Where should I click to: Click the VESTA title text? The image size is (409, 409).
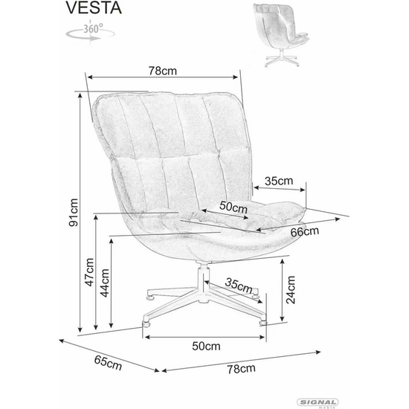(94, 8)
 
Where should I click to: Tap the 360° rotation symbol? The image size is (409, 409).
(90, 32)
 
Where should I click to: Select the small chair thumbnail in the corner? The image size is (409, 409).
(282, 35)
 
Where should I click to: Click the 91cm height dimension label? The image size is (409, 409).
(74, 213)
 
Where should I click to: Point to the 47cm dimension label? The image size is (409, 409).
(89, 272)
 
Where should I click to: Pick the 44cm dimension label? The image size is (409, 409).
(105, 283)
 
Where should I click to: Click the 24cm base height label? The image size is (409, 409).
(291, 290)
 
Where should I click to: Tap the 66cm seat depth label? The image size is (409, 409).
(305, 231)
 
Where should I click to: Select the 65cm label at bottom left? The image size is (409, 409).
(108, 363)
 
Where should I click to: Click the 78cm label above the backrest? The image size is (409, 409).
(163, 71)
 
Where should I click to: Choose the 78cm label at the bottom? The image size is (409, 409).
(241, 369)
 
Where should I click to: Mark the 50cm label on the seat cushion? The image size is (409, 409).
(234, 207)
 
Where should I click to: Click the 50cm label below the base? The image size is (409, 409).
(206, 346)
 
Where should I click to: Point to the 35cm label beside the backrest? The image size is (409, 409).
(279, 181)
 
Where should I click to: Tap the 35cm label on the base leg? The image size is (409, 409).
(239, 286)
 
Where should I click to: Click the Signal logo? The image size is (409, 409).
(318, 403)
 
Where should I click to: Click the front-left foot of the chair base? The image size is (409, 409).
(146, 324)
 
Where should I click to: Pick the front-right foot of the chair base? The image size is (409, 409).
(263, 323)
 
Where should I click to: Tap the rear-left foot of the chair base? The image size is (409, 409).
(150, 297)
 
